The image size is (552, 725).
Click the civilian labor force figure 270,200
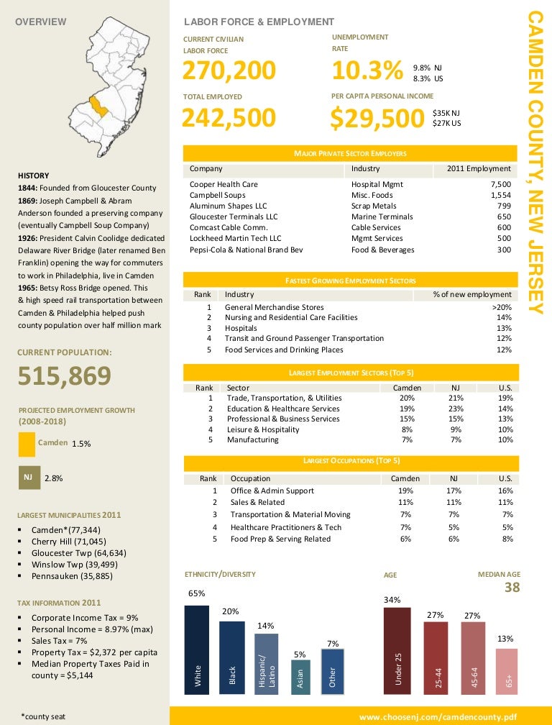tap(229, 71)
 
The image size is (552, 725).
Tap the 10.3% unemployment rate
tap(367, 71)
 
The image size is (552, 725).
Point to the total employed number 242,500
tap(229, 117)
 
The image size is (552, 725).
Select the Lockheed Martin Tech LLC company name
tap(236, 238)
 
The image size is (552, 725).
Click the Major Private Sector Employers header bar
tap(350, 153)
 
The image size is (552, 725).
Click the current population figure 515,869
tap(65, 375)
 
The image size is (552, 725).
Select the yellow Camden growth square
tap(27, 444)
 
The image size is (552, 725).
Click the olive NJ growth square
tap(29, 478)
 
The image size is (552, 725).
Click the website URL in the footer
tap(438, 717)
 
